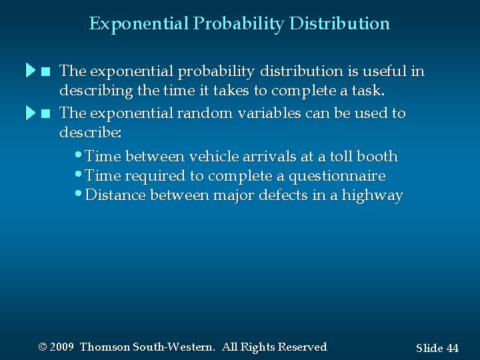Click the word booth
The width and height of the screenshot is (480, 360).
pos(377,157)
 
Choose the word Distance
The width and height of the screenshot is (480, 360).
pos(116,195)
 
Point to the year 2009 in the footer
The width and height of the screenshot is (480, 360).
pos(62,347)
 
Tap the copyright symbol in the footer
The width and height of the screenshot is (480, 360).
pos(43,347)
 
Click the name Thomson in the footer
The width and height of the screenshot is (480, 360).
pos(105,347)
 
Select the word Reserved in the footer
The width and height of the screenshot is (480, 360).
pos(302,347)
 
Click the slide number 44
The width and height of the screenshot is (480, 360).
pos(452,348)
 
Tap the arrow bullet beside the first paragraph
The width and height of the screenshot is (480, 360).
pos(31,71)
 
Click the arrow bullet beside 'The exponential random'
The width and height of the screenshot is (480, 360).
pos(31,113)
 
